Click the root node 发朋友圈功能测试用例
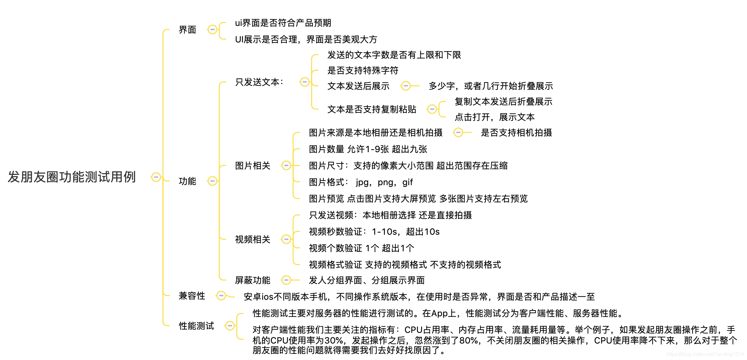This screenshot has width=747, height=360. coord(72,177)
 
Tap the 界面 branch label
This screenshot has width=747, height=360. coord(187,30)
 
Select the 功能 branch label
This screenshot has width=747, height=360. coord(187,181)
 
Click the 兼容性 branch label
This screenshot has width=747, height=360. coord(192,296)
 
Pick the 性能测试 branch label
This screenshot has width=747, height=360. coord(196,326)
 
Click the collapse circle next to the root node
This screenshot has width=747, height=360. coord(156,177)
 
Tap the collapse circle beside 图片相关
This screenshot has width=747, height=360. coord(286,166)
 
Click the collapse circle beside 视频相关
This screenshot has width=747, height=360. coord(286,239)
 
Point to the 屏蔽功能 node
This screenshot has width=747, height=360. coord(252,280)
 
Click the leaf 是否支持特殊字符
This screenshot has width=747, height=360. coord(362,71)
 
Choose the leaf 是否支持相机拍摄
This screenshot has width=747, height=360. coord(516,133)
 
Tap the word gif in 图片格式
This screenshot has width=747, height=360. coord(408,182)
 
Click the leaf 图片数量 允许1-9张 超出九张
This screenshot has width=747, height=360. coord(368,149)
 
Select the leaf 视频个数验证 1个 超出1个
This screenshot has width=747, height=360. coord(361,248)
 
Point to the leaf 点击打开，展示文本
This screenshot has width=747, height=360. coord(494,117)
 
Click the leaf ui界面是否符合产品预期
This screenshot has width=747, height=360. coord(283,23)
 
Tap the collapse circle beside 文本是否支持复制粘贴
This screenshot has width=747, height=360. coord(432,109)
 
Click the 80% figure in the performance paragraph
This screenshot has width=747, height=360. coord(468,341)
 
